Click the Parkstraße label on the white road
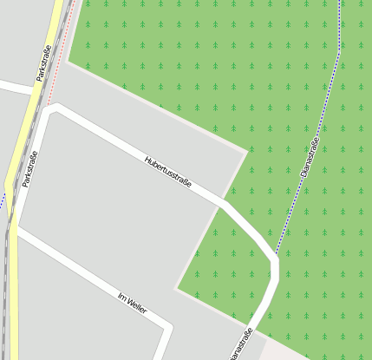pyautogui.click(x=30, y=168)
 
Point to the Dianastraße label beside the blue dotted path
pyautogui.click(x=310, y=157)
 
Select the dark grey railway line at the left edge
pyautogui.click(x=6, y=286)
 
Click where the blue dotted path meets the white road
pyautogui.click(x=275, y=258)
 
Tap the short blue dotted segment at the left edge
pyautogui.click(x=3, y=202)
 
